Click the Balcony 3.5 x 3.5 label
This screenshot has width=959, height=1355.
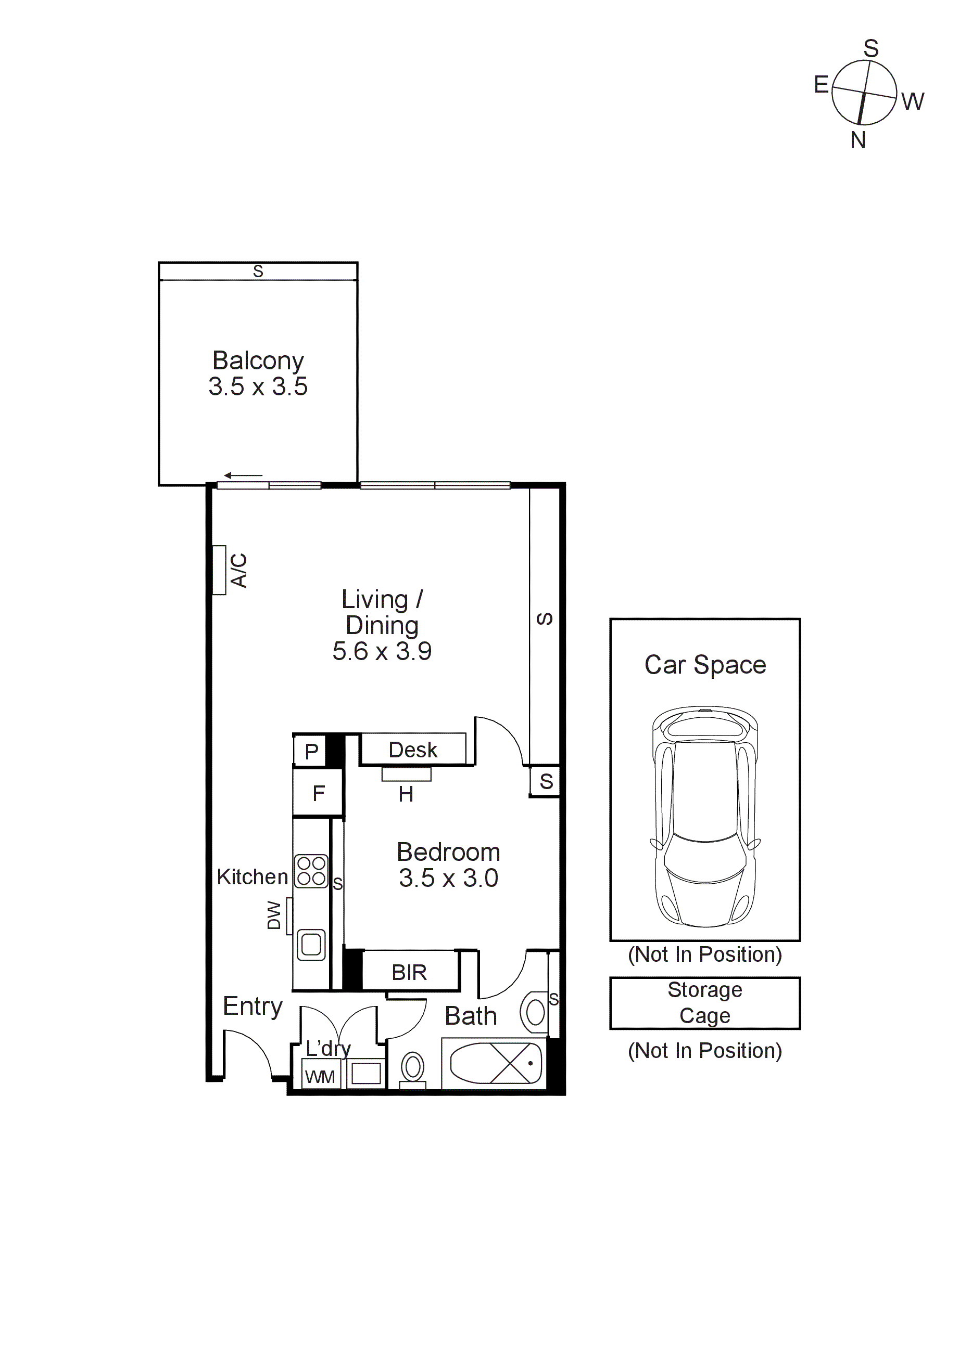[x=258, y=373]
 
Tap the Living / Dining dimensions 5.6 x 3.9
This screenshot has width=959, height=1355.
[x=382, y=652]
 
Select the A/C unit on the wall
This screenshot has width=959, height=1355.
[x=219, y=570]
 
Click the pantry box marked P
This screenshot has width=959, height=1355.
[x=311, y=751]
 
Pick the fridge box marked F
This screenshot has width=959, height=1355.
[x=318, y=793]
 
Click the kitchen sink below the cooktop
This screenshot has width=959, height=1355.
[x=311, y=945]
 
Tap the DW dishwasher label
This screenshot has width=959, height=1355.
[x=274, y=915]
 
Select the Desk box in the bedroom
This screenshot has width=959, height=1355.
[x=413, y=750]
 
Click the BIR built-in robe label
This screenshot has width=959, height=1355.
[x=409, y=973]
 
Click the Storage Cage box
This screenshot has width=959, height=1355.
[x=704, y=1003]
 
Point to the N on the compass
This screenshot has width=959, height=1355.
[x=858, y=140]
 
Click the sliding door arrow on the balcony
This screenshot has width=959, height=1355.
[x=243, y=475]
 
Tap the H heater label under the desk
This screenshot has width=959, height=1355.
[x=406, y=794]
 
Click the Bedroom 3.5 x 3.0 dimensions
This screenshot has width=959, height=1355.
[x=448, y=878]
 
